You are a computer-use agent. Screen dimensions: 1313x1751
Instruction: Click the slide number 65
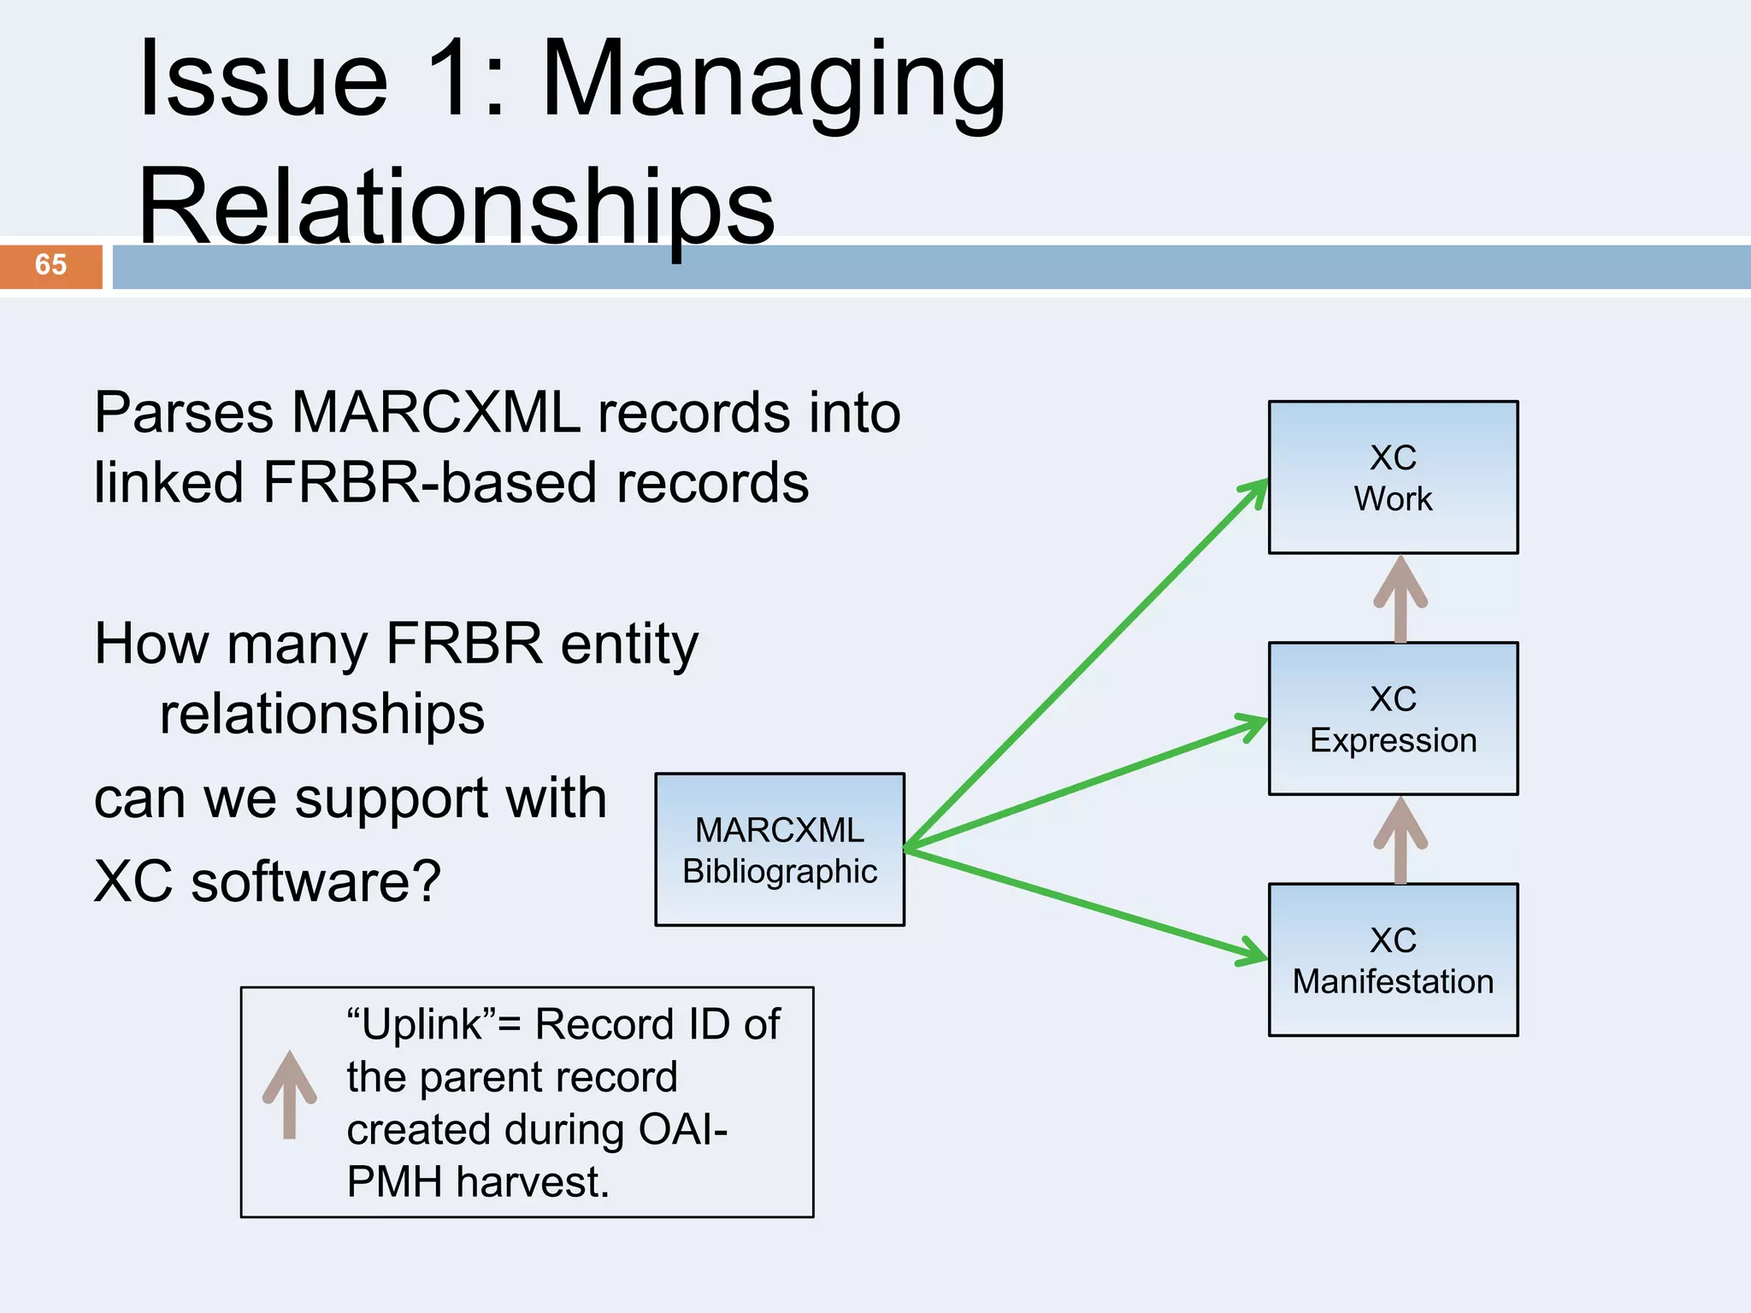click(50, 265)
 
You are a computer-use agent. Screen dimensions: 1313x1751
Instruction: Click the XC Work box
click(1393, 478)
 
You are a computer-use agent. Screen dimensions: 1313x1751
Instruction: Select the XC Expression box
click(1393, 719)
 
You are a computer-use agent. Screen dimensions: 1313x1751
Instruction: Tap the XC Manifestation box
click(1393, 960)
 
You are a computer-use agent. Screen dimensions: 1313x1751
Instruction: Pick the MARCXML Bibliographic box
click(780, 850)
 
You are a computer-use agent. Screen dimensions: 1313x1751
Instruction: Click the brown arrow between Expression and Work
click(1400, 598)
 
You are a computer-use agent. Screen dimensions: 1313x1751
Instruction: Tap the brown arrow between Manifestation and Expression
click(1400, 839)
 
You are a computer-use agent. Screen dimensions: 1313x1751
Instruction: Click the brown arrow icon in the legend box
click(290, 1094)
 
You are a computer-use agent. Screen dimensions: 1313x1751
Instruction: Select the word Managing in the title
click(774, 81)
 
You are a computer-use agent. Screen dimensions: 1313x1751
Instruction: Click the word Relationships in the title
click(457, 208)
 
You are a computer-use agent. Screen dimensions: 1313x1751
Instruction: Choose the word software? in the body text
click(315, 881)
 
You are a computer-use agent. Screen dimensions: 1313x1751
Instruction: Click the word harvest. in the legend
click(532, 1182)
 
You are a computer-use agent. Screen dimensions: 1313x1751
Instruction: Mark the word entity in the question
click(629, 645)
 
